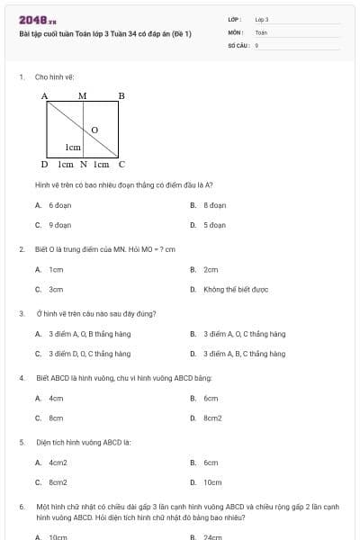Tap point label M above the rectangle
(83, 95)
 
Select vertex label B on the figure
(121, 95)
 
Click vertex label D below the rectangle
(44, 165)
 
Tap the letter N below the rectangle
(83, 165)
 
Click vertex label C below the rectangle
(121, 165)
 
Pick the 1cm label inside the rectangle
(72, 147)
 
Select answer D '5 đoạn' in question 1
(212, 225)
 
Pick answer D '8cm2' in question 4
(212, 418)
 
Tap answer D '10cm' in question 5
(212, 482)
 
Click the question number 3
(22, 313)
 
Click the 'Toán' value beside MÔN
(261, 31)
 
